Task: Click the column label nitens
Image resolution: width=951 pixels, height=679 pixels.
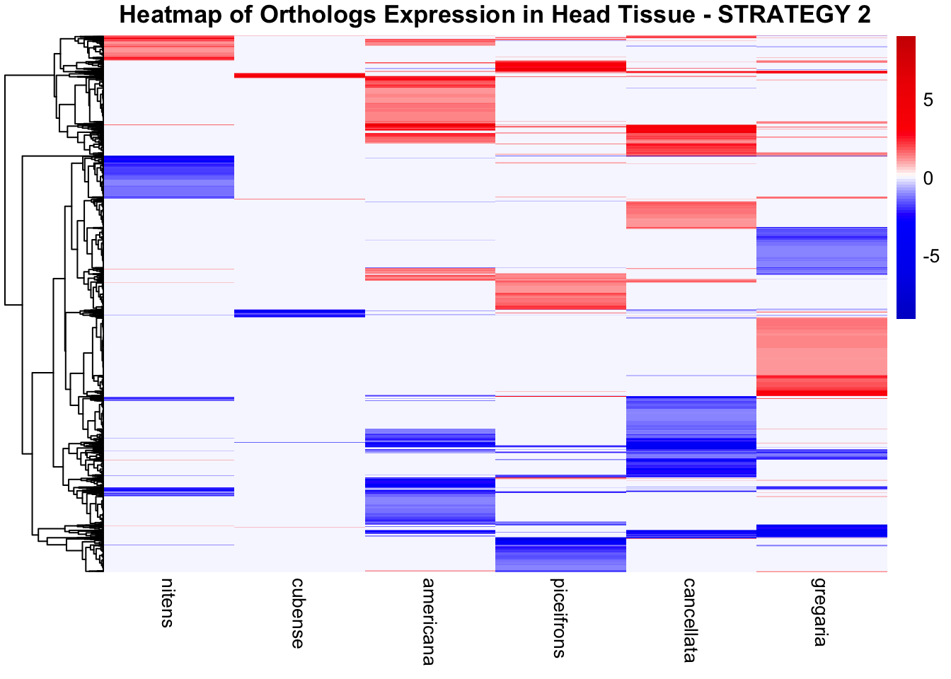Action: [x=166, y=603]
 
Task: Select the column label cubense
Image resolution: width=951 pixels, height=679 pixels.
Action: [x=298, y=613]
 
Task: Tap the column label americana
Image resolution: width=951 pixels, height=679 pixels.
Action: [x=428, y=622]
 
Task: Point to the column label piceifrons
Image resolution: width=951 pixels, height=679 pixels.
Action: [x=559, y=617]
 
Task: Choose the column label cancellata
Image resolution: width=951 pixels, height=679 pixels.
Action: [x=689, y=620]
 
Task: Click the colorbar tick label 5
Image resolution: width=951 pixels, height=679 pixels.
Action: [x=928, y=100]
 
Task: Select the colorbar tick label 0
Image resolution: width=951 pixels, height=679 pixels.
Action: [x=928, y=178]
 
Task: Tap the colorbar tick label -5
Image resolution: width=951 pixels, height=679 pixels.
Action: [x=930, y=256]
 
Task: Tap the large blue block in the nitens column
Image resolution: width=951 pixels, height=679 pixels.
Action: [x=169, y=177]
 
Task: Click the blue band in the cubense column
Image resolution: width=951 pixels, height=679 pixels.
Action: [x=299, y=313]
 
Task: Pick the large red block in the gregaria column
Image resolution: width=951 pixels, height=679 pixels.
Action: [x=822, y=356]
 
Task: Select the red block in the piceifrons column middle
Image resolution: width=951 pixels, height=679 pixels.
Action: [x=560, y=291]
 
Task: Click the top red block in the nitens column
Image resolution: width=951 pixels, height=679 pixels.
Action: [x=169, y=47]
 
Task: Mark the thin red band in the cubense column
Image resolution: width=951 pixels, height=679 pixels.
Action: [x=299, y=75]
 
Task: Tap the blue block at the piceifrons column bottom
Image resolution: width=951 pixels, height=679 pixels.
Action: [x=560, y=554]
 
